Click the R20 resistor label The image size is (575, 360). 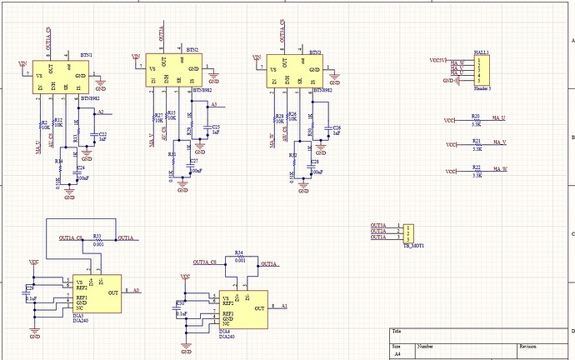point(476,117)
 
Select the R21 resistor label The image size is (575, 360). point(476,142)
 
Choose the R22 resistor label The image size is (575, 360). point(476,167)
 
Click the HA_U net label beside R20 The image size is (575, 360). point(500,119)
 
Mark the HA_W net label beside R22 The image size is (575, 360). point(500,170)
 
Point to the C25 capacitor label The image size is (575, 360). point(215,126)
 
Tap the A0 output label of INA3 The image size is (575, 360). point(136,291)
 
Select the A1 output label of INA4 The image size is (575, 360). point(283,306)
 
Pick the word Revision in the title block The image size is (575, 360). point(528,345)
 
